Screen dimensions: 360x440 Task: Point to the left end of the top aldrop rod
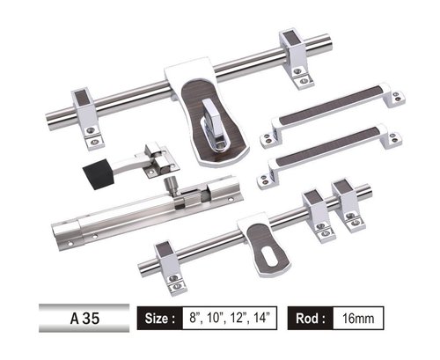[51, 114]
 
